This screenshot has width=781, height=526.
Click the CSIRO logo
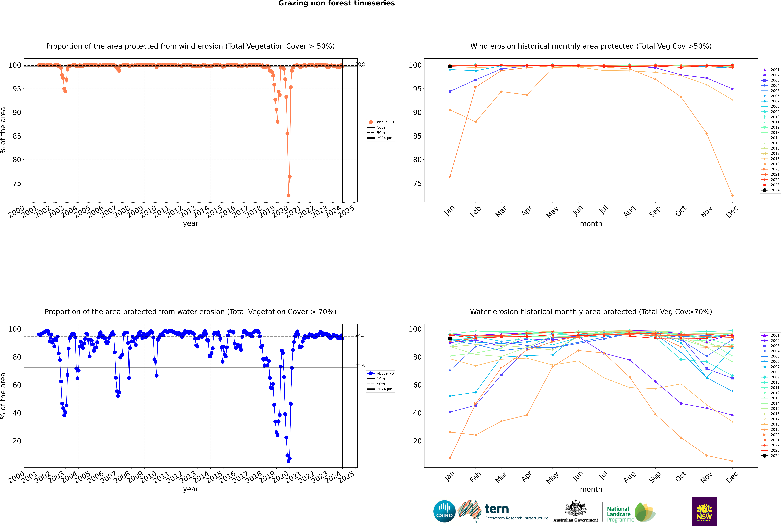pos(444,511)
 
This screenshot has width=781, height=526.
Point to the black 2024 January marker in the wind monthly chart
pos(450,66)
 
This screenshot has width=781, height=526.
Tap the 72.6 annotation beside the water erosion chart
pos(360,366)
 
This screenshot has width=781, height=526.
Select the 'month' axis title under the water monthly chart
pos(591,489)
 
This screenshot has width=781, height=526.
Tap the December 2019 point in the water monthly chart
pos(732,461)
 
